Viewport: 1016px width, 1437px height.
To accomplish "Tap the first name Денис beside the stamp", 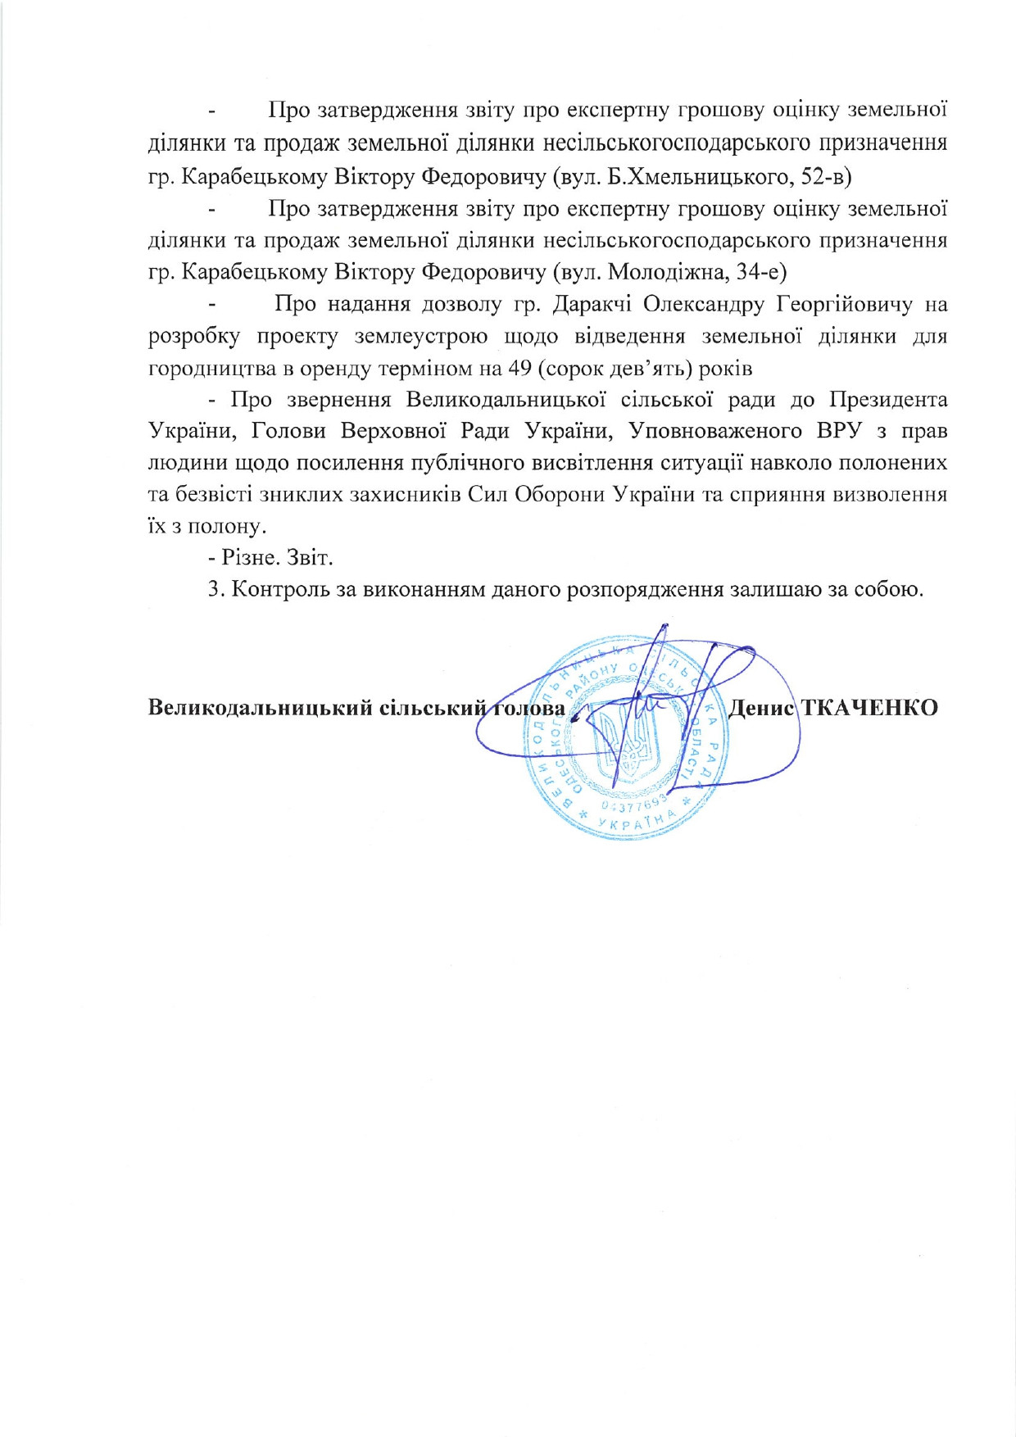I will (760, 707).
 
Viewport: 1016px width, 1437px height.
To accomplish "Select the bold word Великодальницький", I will (260, 708).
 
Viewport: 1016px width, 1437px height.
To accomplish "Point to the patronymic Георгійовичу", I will (844, 305).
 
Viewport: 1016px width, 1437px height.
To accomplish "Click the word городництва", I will (210, 369).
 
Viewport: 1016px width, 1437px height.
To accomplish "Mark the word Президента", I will (888, 400).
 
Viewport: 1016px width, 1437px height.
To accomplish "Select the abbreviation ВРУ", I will (843, 432).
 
